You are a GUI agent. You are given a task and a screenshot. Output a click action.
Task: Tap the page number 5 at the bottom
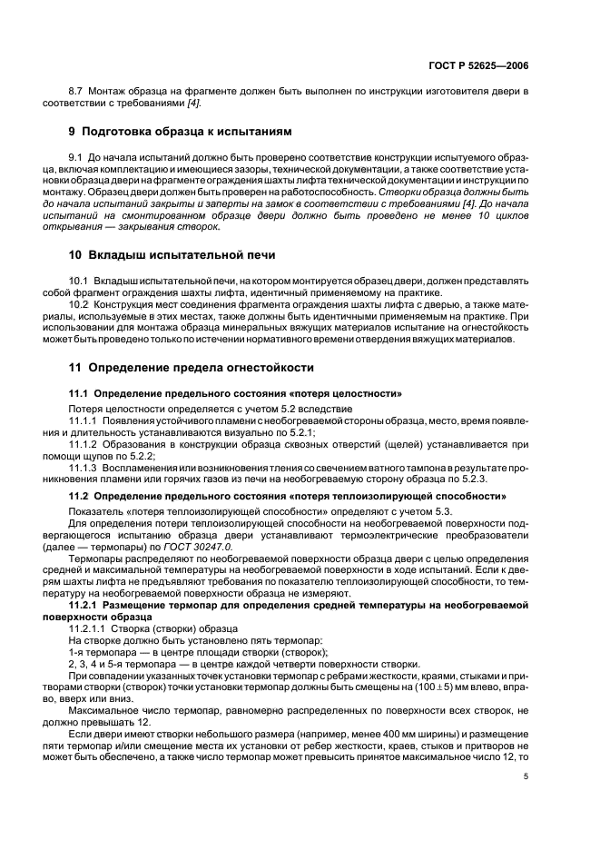526,776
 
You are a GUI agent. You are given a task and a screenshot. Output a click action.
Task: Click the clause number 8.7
78,92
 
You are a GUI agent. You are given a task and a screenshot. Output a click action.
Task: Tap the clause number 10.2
81,305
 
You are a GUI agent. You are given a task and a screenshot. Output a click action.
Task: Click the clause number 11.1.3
85,465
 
